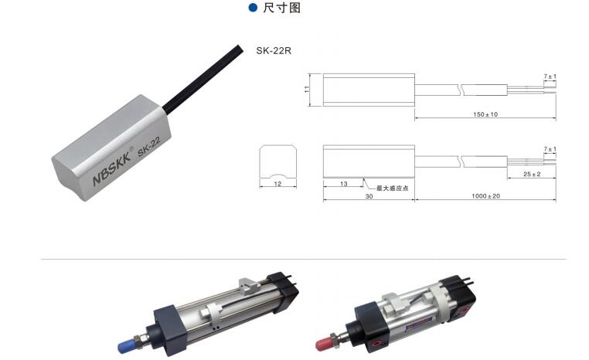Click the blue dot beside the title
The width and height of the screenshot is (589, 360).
254,7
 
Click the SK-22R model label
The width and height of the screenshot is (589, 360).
274,51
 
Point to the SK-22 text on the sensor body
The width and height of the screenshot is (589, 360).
148,147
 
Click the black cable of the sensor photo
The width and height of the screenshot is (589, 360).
203,78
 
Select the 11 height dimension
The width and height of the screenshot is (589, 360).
307,90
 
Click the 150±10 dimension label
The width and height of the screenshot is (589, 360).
485,114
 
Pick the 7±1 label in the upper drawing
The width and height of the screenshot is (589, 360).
550,76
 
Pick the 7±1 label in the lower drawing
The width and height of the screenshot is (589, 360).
550,149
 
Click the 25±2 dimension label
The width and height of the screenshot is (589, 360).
532,174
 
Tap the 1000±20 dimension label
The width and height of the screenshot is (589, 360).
485,196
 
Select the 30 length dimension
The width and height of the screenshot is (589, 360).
369,196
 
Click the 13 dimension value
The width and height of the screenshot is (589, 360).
344,184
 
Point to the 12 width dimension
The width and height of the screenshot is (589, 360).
277,184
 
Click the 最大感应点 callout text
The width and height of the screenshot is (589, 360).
392,188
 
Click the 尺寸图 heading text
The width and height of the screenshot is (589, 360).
281,8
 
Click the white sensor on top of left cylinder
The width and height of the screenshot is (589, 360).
250,285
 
